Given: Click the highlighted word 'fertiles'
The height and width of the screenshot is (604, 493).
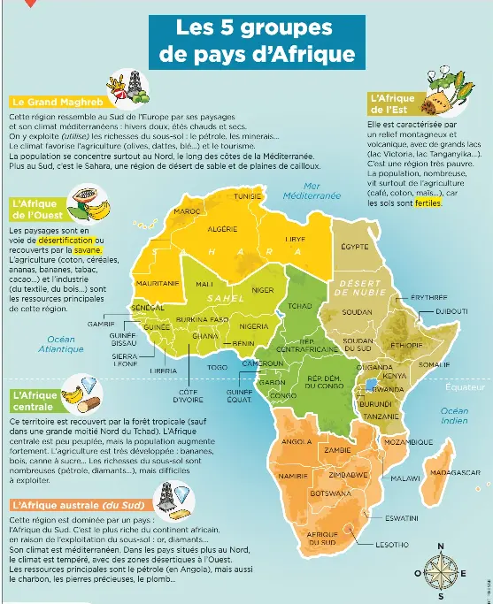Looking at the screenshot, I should click(428, 203).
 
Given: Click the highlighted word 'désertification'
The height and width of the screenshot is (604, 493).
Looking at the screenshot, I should click(63, 240).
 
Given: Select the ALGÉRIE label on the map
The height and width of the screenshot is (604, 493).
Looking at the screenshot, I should click(220, 229).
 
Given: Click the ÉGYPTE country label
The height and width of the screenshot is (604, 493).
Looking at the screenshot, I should click(354, 245).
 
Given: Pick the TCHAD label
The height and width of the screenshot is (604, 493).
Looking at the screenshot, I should click(300, 305).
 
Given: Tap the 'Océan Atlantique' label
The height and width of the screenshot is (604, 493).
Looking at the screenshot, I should click(61, 344).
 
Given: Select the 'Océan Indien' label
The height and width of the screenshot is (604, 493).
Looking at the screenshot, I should click(454, 417).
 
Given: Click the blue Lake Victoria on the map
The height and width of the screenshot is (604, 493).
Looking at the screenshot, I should click(369, 385).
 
